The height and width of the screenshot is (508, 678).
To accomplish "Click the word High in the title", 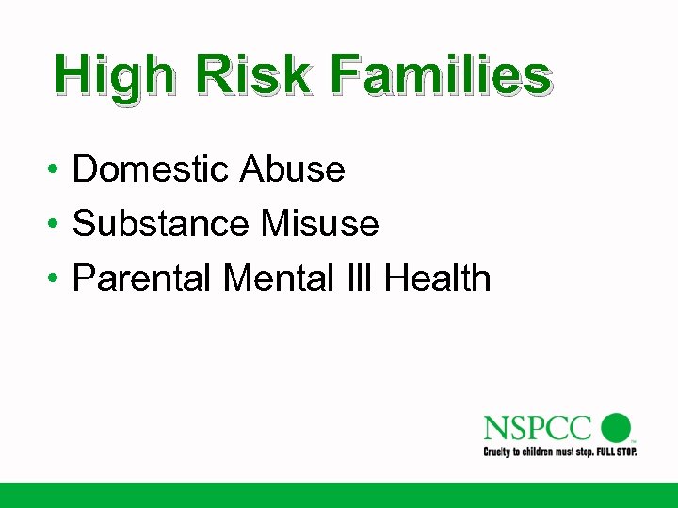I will point(114,75).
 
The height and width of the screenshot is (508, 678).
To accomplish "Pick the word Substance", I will point(159,224).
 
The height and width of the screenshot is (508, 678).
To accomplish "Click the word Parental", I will point(144,278).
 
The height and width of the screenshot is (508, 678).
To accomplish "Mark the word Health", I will point(438,278).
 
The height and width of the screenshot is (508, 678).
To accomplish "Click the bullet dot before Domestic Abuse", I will point(57,171).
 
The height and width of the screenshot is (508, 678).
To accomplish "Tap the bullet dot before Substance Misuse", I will point(57,226).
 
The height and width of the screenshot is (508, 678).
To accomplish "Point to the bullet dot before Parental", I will point(57,280).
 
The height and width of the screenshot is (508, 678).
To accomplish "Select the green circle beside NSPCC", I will point(616,428).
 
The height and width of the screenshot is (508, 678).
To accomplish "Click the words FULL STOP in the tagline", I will point(616,452).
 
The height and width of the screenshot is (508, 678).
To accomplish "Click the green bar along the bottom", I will point(339,495).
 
